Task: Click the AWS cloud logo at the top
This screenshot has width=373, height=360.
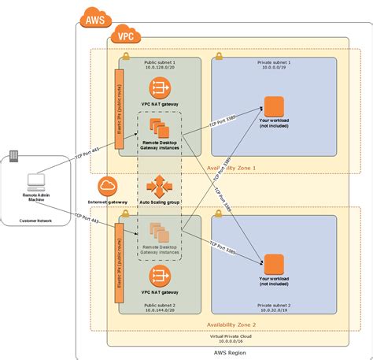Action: pyautogui.click(x=92, y=17)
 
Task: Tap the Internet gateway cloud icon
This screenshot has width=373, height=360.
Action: pyautogui.click(x=108, y=187)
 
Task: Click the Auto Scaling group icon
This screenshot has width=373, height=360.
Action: pyautogui.click(x=159, y=187)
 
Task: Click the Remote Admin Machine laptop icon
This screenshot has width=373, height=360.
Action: pyautogui.click(x=35, y=180)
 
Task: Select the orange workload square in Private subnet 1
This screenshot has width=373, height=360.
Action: pyautogui.click(x=273, y=106)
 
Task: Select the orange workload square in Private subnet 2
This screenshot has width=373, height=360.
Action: pyautogui.click(x=273, y=264)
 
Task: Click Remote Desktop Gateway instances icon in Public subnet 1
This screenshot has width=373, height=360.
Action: pyautogui.click(x=159, y=130)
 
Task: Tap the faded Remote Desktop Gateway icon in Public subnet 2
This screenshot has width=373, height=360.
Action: pyautogui.click(x=159, y=233)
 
